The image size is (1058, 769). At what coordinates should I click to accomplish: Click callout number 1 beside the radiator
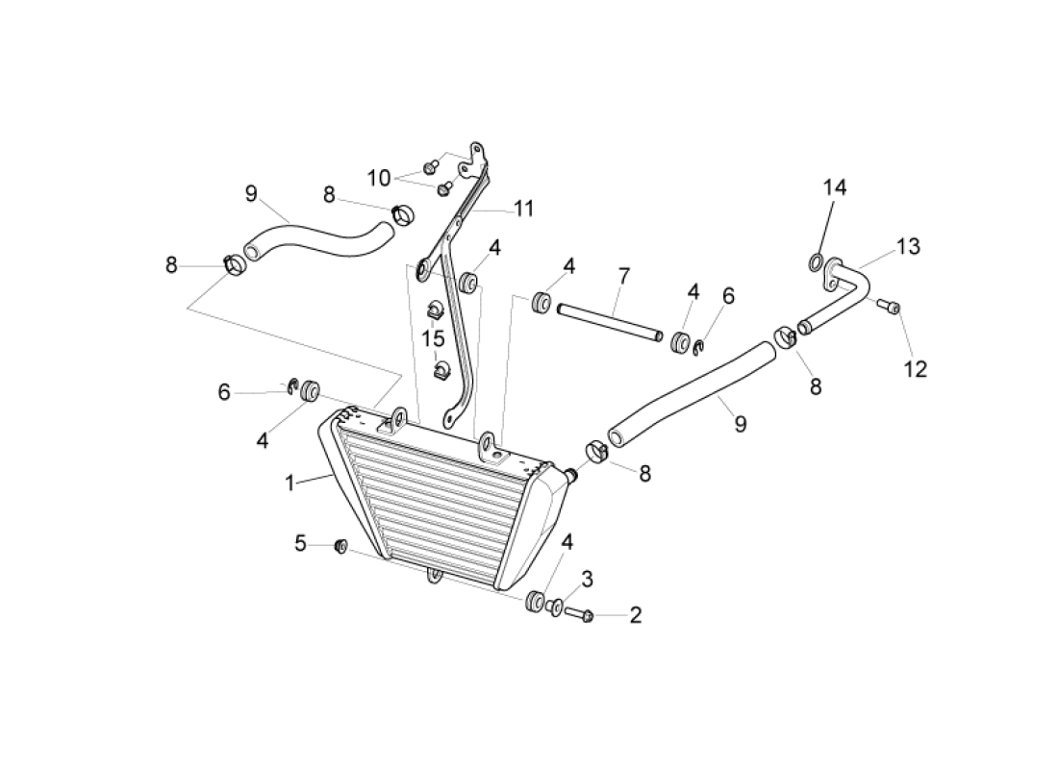(x=290, y=484)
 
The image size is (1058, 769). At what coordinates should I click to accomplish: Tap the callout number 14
(x=834, y=187)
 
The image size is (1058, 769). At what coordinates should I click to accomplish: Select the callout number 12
(x=916, y=368)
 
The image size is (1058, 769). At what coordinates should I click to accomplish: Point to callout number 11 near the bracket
(x=523, y=208)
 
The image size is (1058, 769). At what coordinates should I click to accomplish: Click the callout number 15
(x=434, y=337)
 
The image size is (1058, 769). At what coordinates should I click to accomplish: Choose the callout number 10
(x=379, y=178)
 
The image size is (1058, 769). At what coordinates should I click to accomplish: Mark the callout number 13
(x=908, y=247)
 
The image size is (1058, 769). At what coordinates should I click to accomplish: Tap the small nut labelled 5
(x=340, y=546)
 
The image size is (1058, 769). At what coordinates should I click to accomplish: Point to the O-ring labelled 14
(x=814, y=260)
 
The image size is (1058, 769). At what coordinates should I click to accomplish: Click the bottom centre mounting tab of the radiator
(x=436, y=575)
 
